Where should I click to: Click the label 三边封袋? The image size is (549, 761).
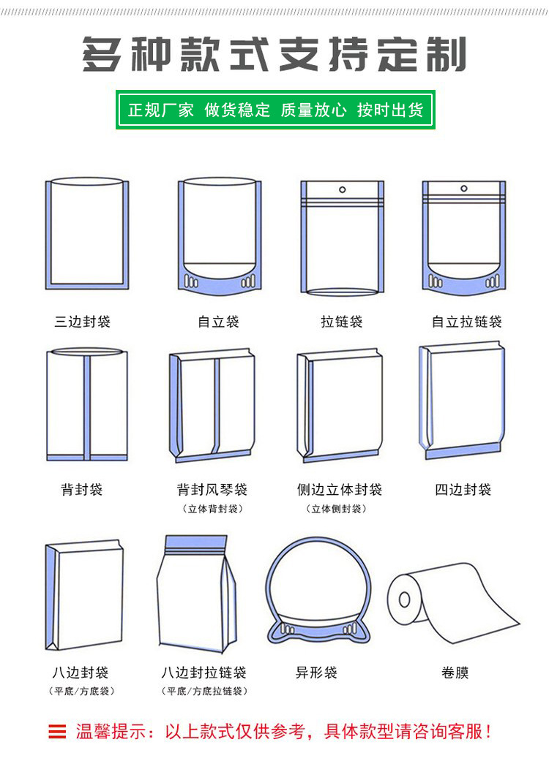[83, 322]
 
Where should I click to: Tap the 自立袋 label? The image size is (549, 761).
[218, 322]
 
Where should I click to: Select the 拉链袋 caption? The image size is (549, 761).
[342, 322]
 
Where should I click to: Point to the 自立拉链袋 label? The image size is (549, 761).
[466, 322]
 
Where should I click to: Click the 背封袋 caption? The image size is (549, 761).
[82, 489]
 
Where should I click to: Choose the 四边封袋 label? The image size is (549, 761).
[463, 489]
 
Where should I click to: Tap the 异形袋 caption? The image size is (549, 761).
[316, 673]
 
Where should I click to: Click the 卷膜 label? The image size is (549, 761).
[455, 673]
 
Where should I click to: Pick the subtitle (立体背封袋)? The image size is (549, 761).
[212, 509]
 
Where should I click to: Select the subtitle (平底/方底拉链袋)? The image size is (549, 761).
[204, 691]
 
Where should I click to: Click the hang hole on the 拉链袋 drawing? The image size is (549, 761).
[342, 190]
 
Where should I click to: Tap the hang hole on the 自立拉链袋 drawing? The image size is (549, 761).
[464, 189]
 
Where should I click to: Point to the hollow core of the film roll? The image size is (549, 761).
[404, 600]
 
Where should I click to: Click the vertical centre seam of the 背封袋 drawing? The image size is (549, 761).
[87, 406]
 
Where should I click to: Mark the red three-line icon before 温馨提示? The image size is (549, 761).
[57, 732]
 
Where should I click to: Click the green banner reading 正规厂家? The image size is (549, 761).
[275, 110]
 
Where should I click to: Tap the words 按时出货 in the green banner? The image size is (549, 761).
[390, 110]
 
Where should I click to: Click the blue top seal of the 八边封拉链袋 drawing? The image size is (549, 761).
[195, 542]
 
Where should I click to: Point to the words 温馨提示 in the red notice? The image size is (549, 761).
[111, 732]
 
